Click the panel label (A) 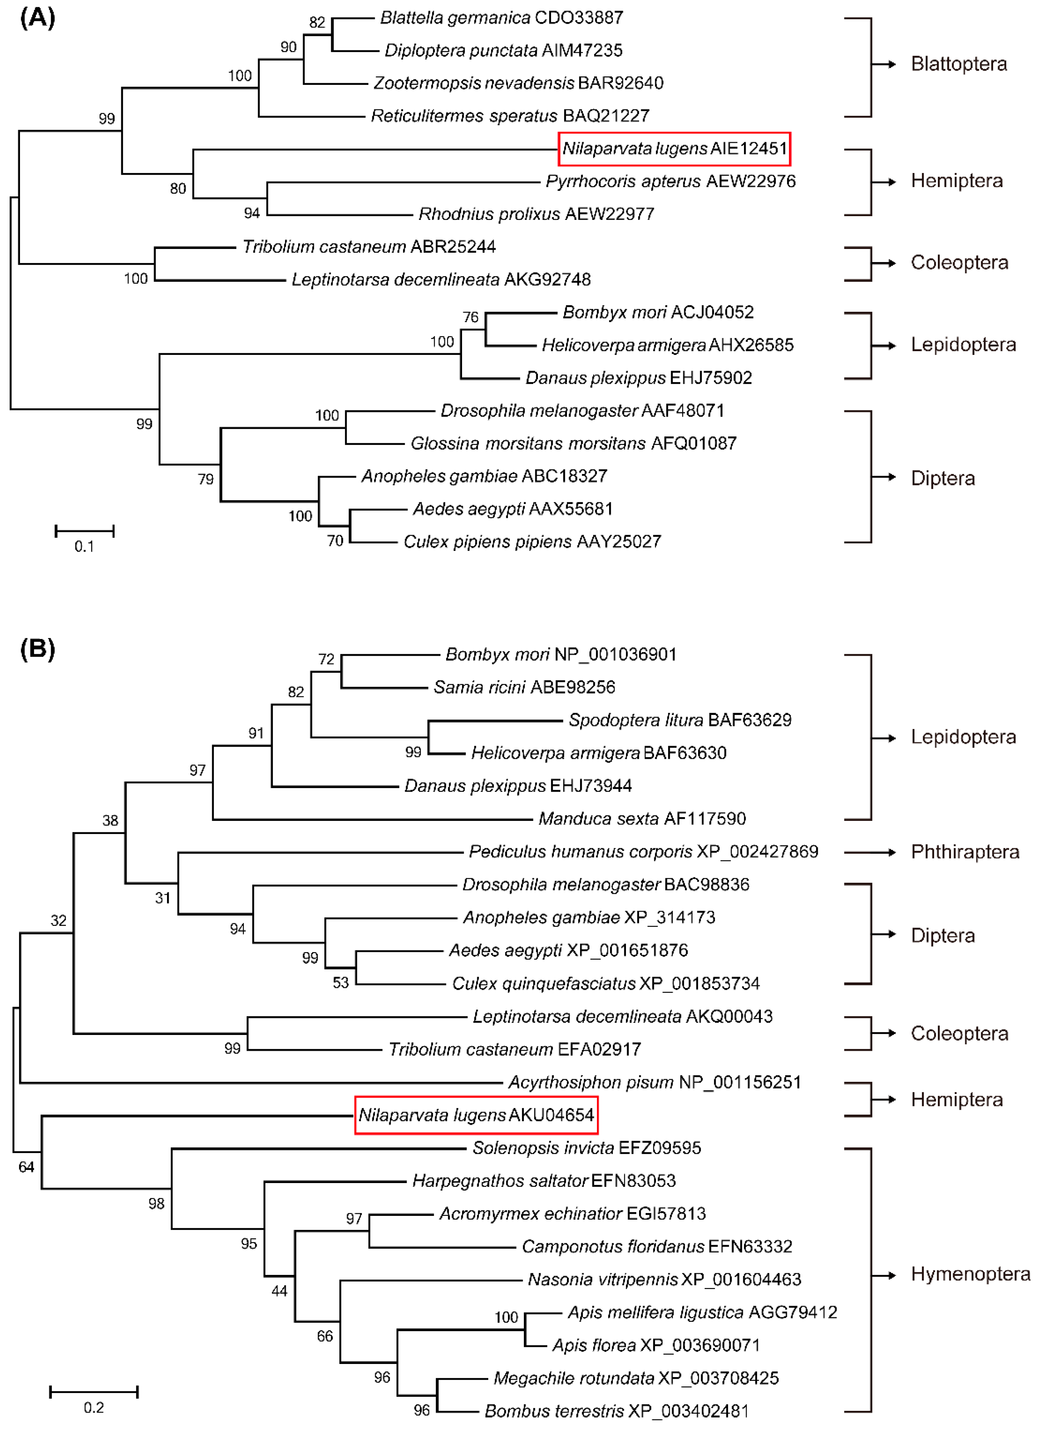38,18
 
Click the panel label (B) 38,649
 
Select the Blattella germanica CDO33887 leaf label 501,18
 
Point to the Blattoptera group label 958,64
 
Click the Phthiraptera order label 964,852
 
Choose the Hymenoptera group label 970,1274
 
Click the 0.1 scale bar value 84,546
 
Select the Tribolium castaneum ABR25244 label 369,246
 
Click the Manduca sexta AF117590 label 642,819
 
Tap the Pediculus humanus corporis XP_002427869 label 643,852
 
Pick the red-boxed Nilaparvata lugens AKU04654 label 476,1115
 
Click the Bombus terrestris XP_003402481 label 616,1411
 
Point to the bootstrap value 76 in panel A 471,317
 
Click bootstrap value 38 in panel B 110,821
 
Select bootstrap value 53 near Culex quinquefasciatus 341,982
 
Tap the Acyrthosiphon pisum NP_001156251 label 654,1082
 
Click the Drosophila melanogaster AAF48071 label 582,411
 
